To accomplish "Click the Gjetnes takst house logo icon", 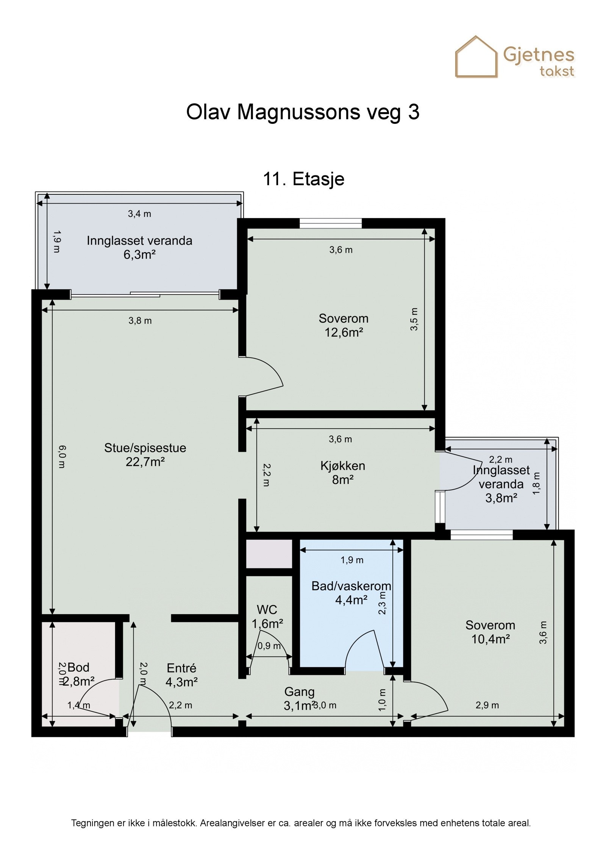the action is point(476,57).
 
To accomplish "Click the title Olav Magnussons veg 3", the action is point(303,112).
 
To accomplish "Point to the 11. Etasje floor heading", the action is point(303,179).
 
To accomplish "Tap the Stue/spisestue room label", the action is point(145,448).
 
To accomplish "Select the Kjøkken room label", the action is point(343,466).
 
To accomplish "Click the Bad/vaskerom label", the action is point(351,586).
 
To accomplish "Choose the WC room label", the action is point(267,610).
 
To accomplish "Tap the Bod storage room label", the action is point(78,667).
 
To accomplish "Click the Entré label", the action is point(181,668).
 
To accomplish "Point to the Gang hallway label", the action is point(299,692).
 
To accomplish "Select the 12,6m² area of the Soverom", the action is point(344,332).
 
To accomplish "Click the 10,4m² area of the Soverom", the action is point(490,639).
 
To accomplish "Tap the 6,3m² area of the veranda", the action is point(139,254).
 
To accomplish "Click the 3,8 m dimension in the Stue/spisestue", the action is point(140,321).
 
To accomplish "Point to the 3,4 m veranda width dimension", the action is point(139,214).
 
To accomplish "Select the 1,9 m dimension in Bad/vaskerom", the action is point(352,560).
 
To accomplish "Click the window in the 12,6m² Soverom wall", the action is point(330,224).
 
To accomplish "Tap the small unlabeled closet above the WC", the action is point(269,554).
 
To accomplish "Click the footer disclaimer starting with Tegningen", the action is point(301,823).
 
